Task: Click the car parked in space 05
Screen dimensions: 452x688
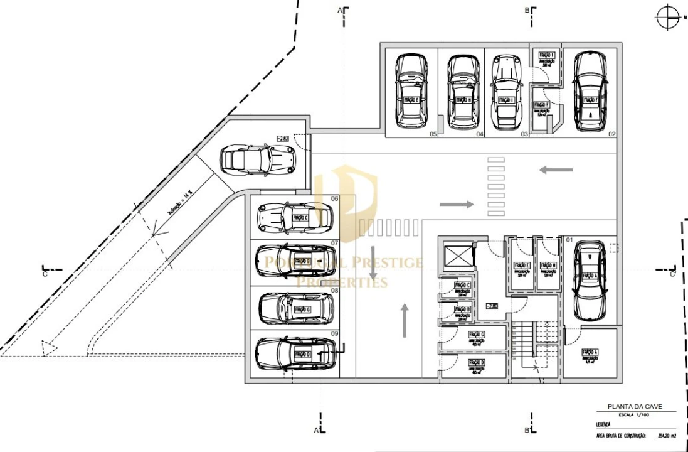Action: [411, 91]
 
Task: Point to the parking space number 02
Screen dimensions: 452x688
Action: [611, 134]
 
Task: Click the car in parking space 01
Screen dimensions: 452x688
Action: [590, 280]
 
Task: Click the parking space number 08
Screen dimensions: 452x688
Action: [335, 291]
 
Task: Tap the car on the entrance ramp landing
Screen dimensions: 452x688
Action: [257, 160]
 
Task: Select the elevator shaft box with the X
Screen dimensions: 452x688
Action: [454, 256]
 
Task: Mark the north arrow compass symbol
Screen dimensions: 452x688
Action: [667, 17]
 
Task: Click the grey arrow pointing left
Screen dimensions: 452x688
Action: [556, 169]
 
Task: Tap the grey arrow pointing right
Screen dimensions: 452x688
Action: [457, 204]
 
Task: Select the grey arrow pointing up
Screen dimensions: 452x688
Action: [405, 318]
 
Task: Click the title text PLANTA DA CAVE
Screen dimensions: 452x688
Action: [635, 406]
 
